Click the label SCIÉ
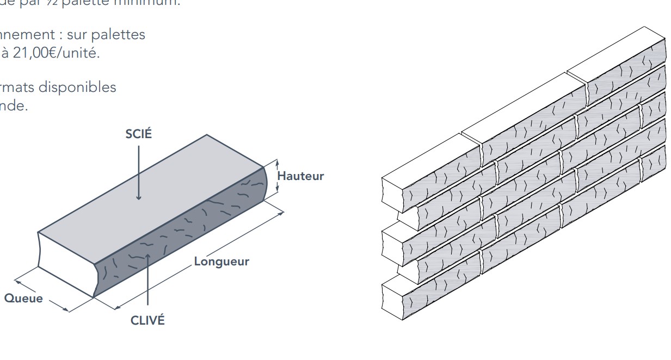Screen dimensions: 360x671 [x=139, y=135]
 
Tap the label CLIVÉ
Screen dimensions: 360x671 [x=147, y=320]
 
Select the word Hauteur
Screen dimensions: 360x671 [x=300, y=176]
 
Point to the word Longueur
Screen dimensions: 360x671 [x=221, y=262]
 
